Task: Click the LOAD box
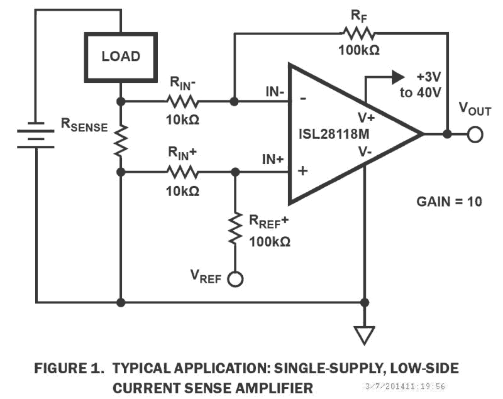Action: pos(120,57)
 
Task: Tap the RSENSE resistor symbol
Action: pos(121,140)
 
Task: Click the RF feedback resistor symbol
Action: pos(358,34)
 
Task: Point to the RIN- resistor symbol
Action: pos(182,102)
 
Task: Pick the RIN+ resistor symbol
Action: pos(182,172)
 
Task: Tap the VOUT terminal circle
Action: pos(475,134)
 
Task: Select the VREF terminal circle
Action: pos(235,279)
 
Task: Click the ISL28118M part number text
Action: pos(334,134)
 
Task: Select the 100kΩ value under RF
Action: pos(359,50)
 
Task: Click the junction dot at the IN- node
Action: pos(235,102)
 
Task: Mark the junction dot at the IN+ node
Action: pos(235,172)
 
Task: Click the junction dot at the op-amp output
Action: pos(447,134)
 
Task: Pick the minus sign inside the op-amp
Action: pos(303,98)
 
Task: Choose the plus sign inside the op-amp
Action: pos(303,171)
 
